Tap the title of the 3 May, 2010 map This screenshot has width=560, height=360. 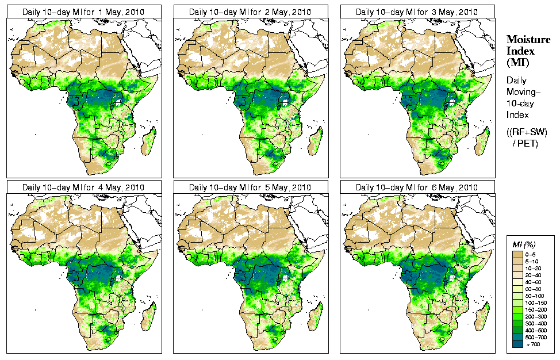[417, 12]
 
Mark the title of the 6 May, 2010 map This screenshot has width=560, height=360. [417, 187]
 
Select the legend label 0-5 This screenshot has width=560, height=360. [532, 253]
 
